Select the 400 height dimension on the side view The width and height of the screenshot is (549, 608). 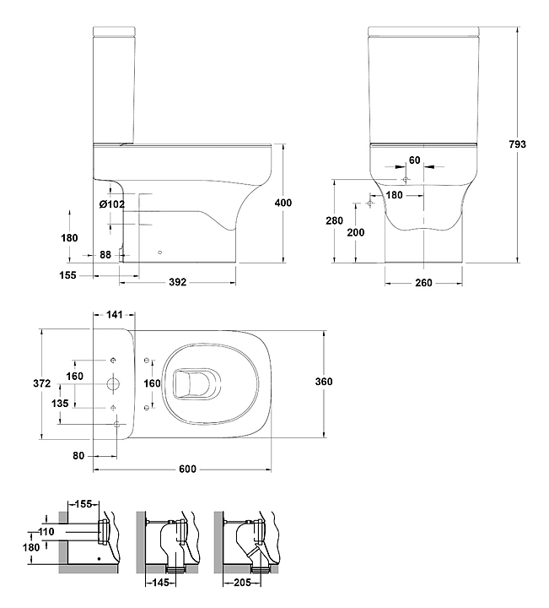point(283,203)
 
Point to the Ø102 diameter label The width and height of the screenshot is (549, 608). point(111,204)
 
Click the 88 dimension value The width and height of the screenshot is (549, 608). point(105,255)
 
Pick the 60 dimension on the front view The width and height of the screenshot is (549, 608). point(414,159)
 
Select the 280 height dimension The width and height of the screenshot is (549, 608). point(336,220)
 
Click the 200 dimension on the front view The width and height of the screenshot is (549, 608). point(356,232)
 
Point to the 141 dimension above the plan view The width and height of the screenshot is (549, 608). point(115,315)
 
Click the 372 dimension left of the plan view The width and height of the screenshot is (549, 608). point(30,383)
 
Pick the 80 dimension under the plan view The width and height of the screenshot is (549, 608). point(79,456)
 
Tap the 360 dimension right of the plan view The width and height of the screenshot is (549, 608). point(324,382)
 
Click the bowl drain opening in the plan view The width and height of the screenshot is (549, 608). point(191,384)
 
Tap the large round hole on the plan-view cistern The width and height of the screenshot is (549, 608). point(113,383)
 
